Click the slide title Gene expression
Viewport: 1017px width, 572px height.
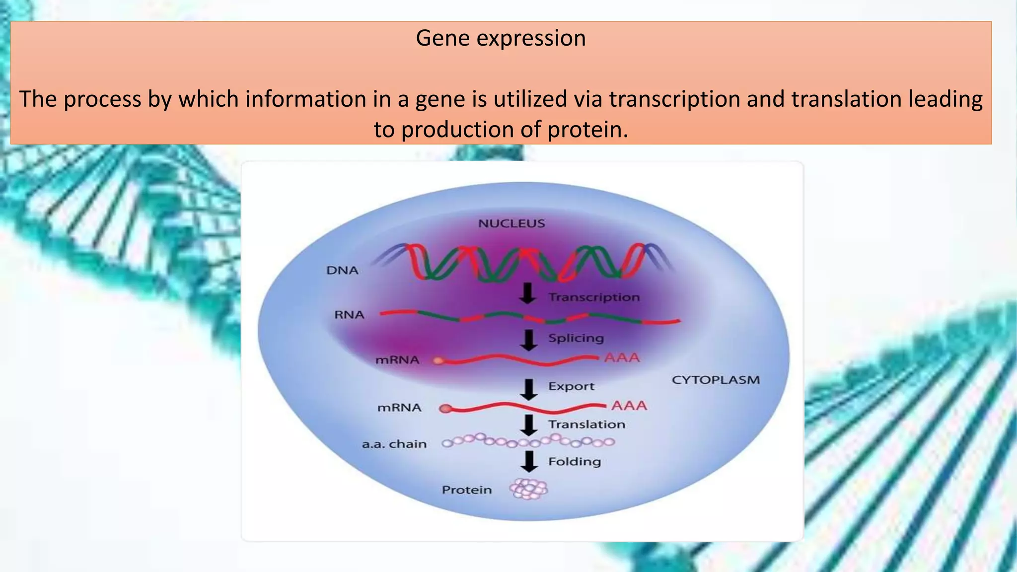pyautogui.click(x=501, y=38)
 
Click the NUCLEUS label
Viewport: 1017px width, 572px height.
pyautogui.click(x=511, y=223)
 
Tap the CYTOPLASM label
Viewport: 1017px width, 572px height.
pyautogui.click(x=716, y=380)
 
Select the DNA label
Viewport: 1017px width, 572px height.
pyautogui.click(x=342, y=271)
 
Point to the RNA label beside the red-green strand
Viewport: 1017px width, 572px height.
pyautogui.click(x=349, y=315)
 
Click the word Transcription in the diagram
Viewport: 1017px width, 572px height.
pyautogui.click(x=594, y=297)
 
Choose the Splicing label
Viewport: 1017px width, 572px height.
pyautogui.click(x=576, y=338)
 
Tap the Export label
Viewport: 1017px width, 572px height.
pyautogui.click(x=571, y=386)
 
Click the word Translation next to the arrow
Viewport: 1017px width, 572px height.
pyautogui.click(x=586, y=425)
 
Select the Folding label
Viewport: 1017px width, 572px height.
pyautogui.click(x=575, y=462)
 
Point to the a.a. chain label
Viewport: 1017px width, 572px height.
pyautogui.click(x=394, y=444)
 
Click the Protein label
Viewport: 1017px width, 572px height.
pyautogui.click(x=467, y=490)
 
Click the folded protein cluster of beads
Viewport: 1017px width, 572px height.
pyautogui.click(x=529, y=489)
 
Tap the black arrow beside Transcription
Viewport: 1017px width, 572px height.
pyautogui.click(x=528, y=293)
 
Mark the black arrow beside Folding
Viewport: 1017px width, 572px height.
pyautogui.click(x=529, y=461)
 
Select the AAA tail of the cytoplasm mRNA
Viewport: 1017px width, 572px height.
pyautogui.click(x=629, y=406)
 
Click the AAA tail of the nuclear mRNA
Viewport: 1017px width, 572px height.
pyautogui.click(x=622, y=357)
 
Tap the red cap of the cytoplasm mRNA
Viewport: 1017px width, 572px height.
pyautogui.click(x=445, y=409)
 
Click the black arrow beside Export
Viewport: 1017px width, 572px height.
pyautogui.click(x=529, y=389)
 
